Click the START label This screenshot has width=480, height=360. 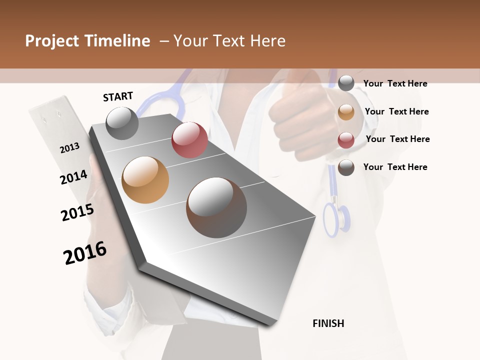pyautogui.click(x=118, y=96)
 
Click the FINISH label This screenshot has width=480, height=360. pyautogui.click(x=328, y=323)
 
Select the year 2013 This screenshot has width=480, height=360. pyautogui.click(x=69, y=148)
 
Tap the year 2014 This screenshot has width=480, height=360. pyautogui.click(x=73, y=177)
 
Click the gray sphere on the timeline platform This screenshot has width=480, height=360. pyautogui.click(x=122, y=122)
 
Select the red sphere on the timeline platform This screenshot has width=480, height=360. pyautogui.click(x=189, y=140)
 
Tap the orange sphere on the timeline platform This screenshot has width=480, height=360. pyautogui.click(x=145, y=180)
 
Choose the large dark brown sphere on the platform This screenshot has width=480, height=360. pyautogui.click(x=216, y=207)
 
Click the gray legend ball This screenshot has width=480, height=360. pyautogui.click(x=346, y=83)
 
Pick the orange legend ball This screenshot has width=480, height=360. pyautogui.click(x=346, y=112)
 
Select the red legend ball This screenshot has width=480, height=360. pyautogui.click(x=346, y=140)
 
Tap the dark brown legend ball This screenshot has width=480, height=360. pyautogui.click(x=346, y=167)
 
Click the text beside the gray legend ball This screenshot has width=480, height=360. pyautogui.click(x=395, y=83)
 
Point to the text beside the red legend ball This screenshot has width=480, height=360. pyautogui.click(x=397, y=139)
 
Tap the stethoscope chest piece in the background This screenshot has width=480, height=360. pyautogui.click(x=336, y=218)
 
